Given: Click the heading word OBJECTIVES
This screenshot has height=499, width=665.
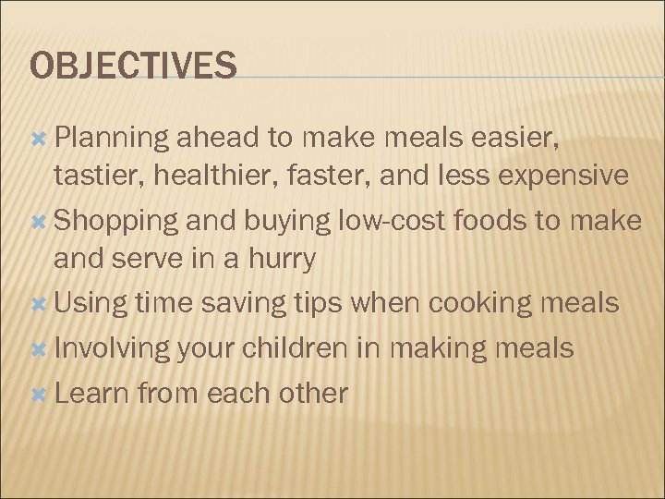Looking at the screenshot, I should (x=134, y=67).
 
